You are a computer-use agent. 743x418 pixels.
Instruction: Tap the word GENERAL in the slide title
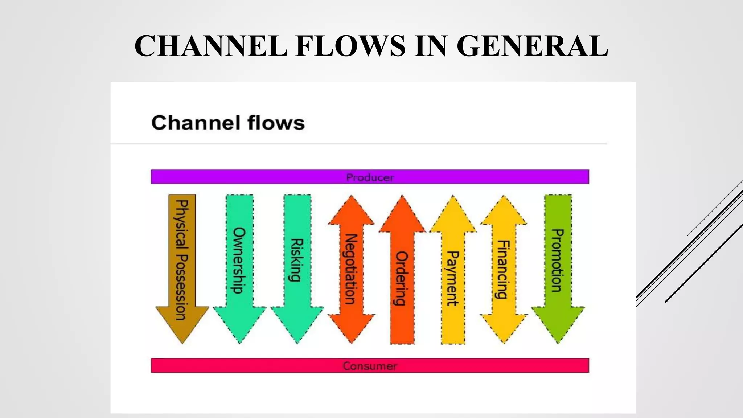pos(532,46)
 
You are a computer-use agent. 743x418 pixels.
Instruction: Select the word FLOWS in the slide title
pos(350,46)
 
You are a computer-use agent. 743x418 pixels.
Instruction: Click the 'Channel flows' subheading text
pos(228,123)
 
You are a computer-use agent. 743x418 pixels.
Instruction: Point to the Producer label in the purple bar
pos(370,177)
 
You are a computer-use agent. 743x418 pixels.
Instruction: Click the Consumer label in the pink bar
pos(370,366)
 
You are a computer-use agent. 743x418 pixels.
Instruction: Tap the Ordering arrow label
pos(402,278)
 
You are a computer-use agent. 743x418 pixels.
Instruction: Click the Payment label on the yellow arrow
pos(453,278)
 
